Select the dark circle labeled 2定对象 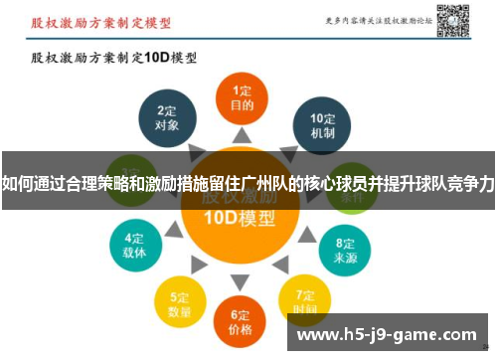[x=167, y=120]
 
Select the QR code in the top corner [x=452, y=20]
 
